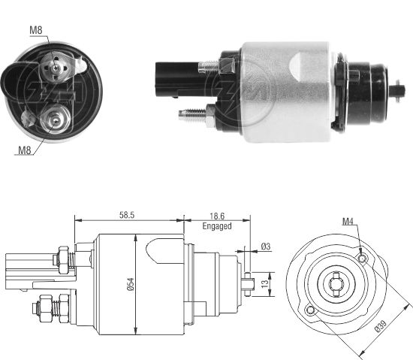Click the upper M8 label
tap(36, 29)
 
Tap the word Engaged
tap(216, 225)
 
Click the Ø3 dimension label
tap(265, 247)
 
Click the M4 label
tap(346, 222)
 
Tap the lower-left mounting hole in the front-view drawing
tap(309, 310)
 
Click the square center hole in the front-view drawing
tap(336, 284)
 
